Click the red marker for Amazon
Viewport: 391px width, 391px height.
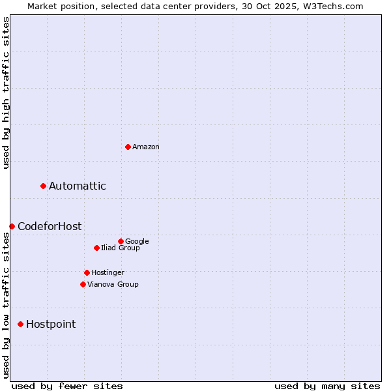[x=128, y=147]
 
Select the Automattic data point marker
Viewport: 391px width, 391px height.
[x=44, y=186]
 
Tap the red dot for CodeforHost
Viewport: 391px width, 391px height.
[x=12, y=226]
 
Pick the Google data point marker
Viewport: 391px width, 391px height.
[x=121, y=241]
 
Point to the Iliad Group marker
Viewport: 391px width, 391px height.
[x=96, y=248]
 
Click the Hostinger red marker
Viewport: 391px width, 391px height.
[x=87, y=272]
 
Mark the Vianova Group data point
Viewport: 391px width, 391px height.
[x=83, y=284]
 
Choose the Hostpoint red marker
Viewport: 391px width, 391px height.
[x=20, y=324]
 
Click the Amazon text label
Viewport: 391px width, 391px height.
[x=146, y=147]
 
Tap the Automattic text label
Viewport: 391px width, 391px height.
[x=77, y=186]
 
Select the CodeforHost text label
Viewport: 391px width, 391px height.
[x=50, y=226]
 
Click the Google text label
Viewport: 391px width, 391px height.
[x=137, y=241]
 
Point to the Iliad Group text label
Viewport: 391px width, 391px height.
[x=121, y=248]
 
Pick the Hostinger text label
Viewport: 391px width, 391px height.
[x=108, y=272]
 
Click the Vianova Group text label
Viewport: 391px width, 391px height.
[x=113, y=284]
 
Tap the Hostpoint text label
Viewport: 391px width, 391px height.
[x=51, y=324]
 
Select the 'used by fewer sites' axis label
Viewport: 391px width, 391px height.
[x=67, y=386]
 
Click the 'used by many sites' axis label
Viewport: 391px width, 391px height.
[x=327, y=386]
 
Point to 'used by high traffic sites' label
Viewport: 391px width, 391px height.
[x=7, y=93]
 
